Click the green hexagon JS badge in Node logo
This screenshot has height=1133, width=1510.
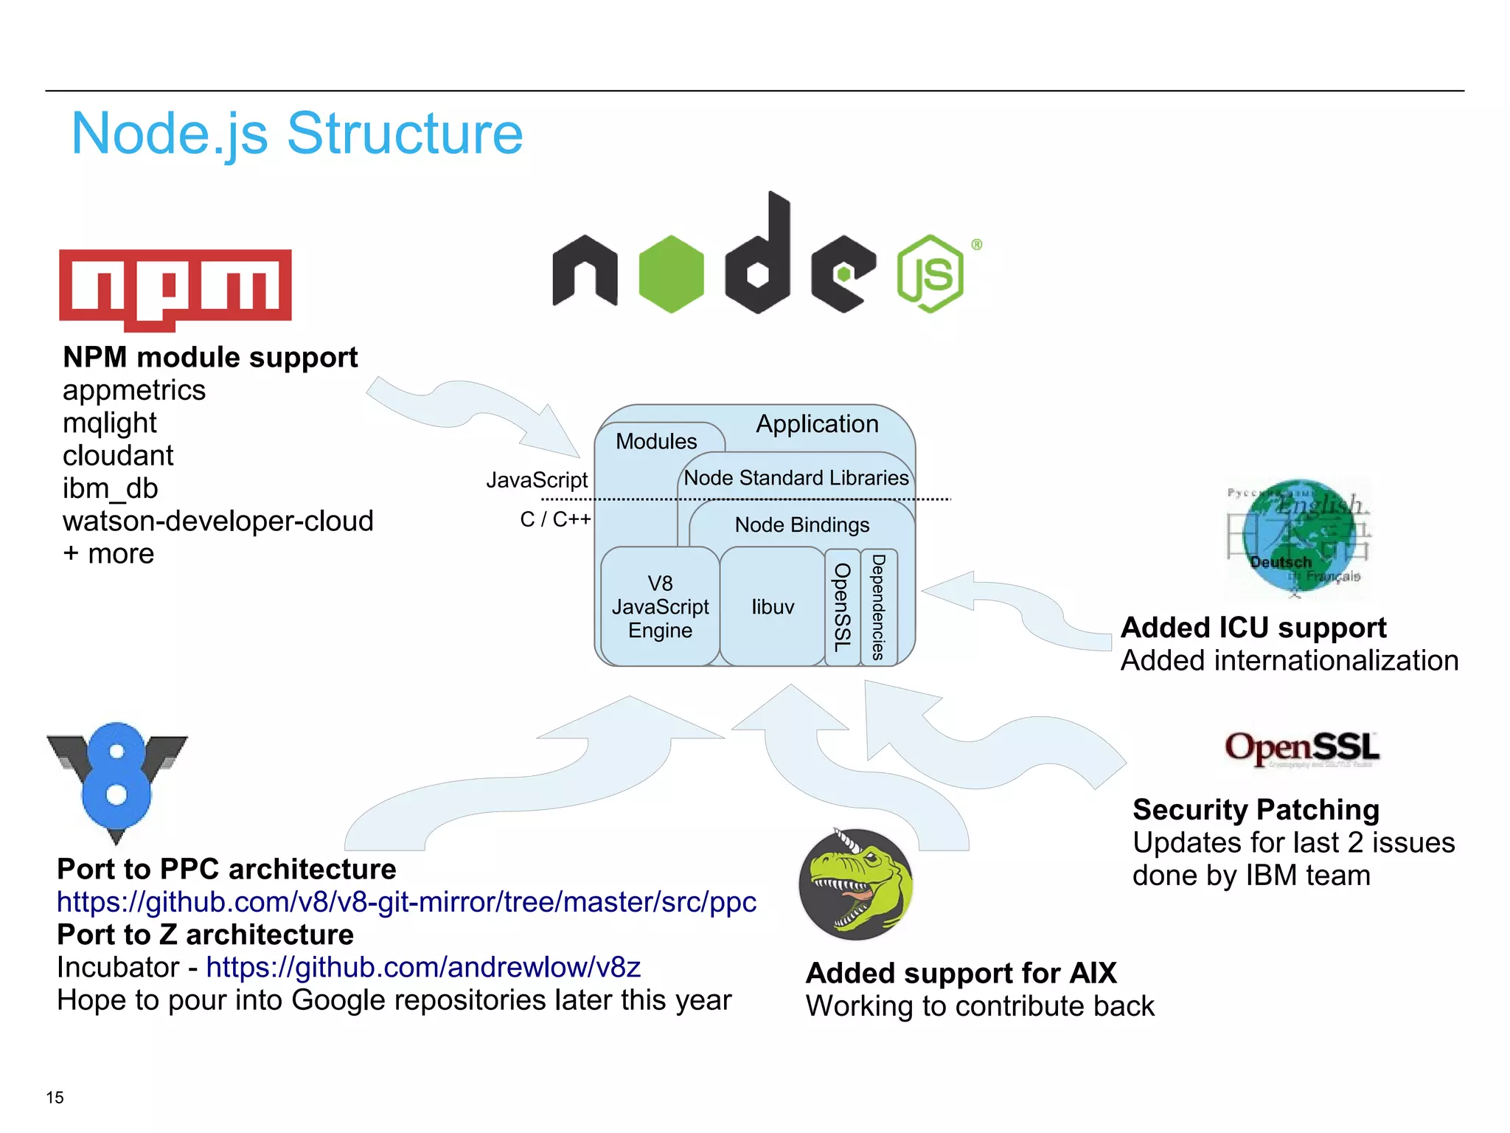click(930, 274)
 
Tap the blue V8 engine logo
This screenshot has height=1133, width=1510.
click(116, 780)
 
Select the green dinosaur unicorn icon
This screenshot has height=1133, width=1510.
click(856, 884)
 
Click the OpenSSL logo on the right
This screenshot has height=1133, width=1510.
click(1301, 748)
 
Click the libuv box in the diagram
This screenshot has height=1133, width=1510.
click(772, 607)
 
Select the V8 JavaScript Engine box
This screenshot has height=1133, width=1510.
click(660, 607)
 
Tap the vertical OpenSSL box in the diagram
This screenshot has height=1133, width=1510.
click(842, 607)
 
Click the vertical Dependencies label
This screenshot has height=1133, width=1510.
click(878, 607)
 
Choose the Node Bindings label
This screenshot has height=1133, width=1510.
click(801, 525)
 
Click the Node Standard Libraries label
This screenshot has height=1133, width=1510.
click(796, 478)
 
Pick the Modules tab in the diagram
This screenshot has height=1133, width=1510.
click(656, 441)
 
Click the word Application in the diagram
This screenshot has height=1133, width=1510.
click(817, 424)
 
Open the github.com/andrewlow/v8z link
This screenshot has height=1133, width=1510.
click(423, 967)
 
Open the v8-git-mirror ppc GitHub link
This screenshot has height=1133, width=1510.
click(406, 902)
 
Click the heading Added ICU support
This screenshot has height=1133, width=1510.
click(1253, 628)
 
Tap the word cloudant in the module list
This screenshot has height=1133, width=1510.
click(118, 456)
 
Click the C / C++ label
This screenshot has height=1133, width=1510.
click(555, 519)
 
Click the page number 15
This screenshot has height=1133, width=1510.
click(55, 1098)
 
